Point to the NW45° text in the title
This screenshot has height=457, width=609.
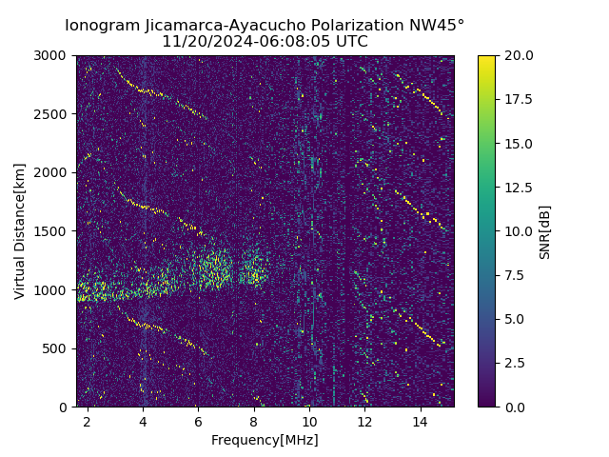point(437,26)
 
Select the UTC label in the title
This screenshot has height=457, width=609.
point(350,42)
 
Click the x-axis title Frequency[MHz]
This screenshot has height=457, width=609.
point(265,440)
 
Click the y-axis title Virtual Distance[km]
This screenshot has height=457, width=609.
point(20,231)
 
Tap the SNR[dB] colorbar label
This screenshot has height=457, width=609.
point(545,231)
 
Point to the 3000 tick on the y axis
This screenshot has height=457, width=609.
point(53,56)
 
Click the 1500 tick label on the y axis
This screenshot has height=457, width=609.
point(53,231)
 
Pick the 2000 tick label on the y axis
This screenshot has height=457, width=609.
point(53,172)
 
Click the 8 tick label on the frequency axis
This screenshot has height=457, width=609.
point(254,421)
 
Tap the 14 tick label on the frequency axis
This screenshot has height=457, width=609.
point(421,421)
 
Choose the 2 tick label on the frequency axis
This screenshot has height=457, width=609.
point(88,421)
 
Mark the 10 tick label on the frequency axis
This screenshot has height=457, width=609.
point(309,421)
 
